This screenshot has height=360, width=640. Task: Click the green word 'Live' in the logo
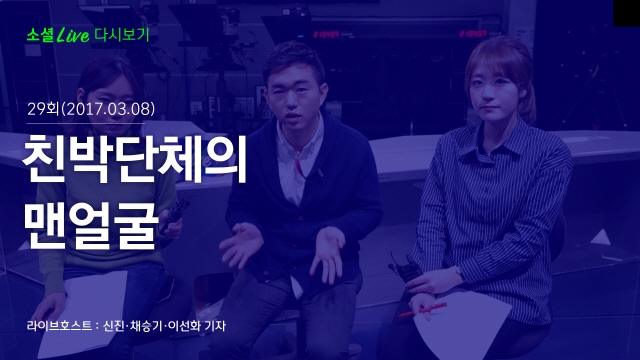click(x=73, y=35)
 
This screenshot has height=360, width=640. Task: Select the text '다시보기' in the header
click(x=122, y=35)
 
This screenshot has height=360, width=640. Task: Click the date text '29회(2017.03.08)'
click(x=91, y=109)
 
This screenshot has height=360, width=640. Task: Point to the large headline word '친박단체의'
click(x=135, y=159)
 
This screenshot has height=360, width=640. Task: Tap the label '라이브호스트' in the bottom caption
click(x=59, y=326)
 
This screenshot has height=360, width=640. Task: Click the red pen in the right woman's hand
click(x=422, y=309)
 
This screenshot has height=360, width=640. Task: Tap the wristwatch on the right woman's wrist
click(x=460, y=272)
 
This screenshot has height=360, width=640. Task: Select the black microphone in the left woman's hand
click(x=174, y=215)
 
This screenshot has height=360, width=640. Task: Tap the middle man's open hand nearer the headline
click(x=241, y=245)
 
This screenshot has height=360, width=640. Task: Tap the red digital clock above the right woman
click(x=473, y=33)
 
